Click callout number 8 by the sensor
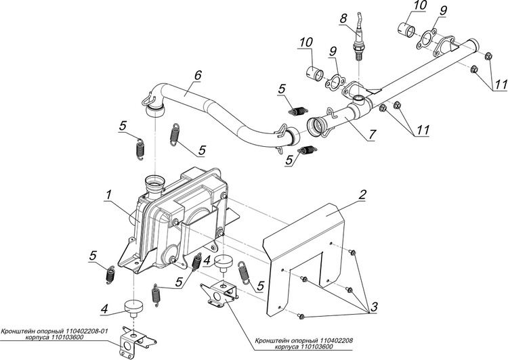[343, 16]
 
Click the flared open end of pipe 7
[316, 126]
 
